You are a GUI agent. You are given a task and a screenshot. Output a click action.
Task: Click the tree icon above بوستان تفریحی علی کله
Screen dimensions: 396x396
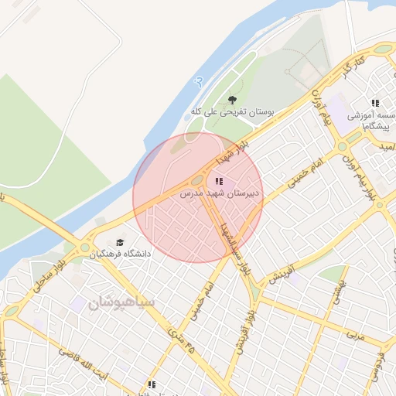(x=232, y=99)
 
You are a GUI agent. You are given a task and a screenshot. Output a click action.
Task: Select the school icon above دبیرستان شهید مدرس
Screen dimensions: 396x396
(x=220, y=181)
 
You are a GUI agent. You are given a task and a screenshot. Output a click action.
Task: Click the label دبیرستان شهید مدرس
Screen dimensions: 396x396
(x=220, y=193)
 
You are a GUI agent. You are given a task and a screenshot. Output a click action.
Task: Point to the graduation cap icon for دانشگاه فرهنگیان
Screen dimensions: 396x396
(x=119, y=241)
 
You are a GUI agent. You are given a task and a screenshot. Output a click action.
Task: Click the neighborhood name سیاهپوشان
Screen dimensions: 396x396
(x=121, y=302)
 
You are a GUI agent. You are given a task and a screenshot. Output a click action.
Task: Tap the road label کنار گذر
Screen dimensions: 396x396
(x=353, y=65)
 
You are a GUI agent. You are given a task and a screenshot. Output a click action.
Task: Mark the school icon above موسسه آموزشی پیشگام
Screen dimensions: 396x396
(x=376, y=102)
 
